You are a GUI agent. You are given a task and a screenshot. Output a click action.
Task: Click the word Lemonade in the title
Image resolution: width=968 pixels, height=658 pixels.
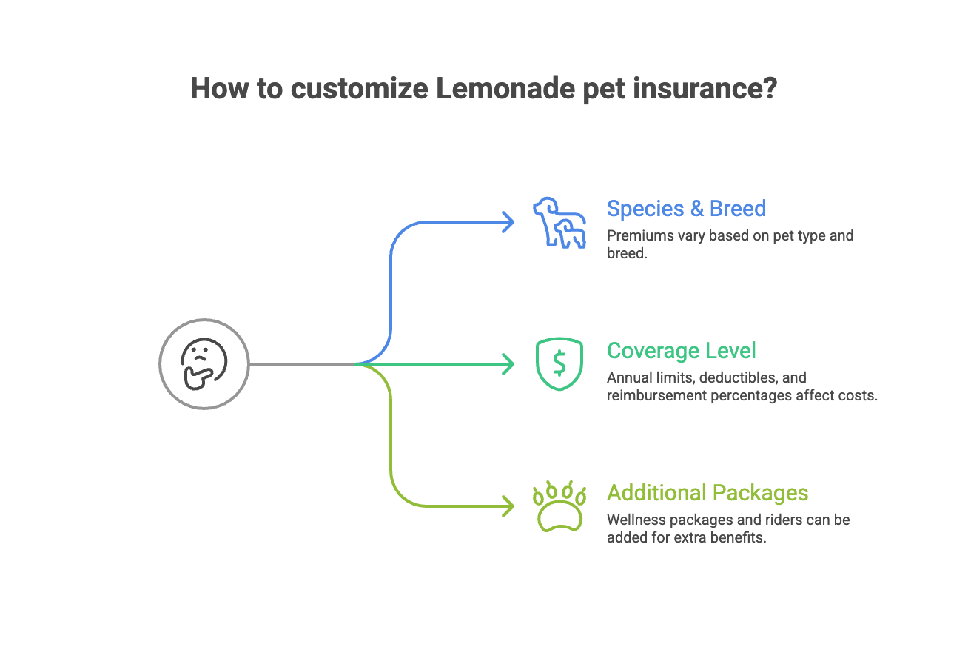click(505, 88)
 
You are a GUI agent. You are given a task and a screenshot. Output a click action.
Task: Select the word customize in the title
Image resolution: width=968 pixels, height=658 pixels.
click(360, 88)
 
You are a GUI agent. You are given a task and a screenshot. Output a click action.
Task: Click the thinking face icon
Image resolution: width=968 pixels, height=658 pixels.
click(204, 364)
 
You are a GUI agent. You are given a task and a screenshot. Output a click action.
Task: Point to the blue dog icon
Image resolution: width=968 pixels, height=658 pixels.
click(559, 222)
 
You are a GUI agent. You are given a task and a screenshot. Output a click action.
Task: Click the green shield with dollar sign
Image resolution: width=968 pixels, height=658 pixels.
click(559, 364)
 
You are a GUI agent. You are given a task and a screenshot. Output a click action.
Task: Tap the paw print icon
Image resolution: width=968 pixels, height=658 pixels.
click(559, 506)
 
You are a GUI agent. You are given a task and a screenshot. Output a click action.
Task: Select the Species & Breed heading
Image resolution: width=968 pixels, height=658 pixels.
click(686, 209)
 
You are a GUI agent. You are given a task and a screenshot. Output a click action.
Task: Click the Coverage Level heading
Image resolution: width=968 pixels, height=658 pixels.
click(681, 350)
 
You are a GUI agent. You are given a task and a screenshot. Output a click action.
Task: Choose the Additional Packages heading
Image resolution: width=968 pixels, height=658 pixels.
click(707, 493)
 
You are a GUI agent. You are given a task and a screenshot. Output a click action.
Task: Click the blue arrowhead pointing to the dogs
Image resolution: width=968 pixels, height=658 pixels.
click(508, 222)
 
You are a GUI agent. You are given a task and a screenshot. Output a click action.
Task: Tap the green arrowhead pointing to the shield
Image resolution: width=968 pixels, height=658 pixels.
click(508, 364)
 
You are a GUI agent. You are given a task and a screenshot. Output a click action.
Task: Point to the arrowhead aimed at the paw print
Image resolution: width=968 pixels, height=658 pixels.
click(508, 506)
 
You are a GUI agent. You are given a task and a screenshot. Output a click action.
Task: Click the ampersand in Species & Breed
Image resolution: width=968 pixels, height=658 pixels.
click(696, 209)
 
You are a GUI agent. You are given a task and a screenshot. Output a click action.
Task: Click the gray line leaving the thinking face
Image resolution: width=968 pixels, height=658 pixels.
click(303, 364)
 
